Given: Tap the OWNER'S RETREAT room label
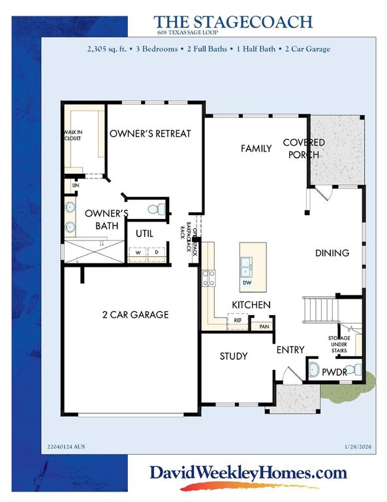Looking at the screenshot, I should click(150, 133).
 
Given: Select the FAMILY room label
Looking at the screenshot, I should click(256, 148).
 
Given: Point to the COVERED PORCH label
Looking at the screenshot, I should click(303, 148).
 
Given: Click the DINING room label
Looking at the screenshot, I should click(332, 253).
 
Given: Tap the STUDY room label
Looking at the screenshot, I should click(233, 356).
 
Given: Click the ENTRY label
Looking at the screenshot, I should click(290, 350).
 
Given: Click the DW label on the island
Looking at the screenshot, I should click(247, 284).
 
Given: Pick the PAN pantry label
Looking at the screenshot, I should click(264, 326).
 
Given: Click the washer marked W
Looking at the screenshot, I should click(138, 254).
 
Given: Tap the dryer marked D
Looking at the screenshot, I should click(157, 254).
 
